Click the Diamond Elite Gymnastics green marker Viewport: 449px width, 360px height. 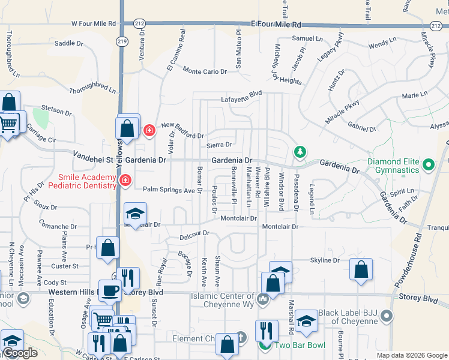pos(429,164)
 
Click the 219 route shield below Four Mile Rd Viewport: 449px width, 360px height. pos(122,41)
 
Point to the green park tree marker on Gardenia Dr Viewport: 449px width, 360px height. pos(300,153)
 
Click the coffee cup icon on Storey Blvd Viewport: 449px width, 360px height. pos(109,290)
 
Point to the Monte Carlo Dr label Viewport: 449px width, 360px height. pos(205,71)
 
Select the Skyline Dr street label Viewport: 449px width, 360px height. pos(325,260)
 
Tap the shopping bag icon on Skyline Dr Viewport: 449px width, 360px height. pos(361,269)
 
